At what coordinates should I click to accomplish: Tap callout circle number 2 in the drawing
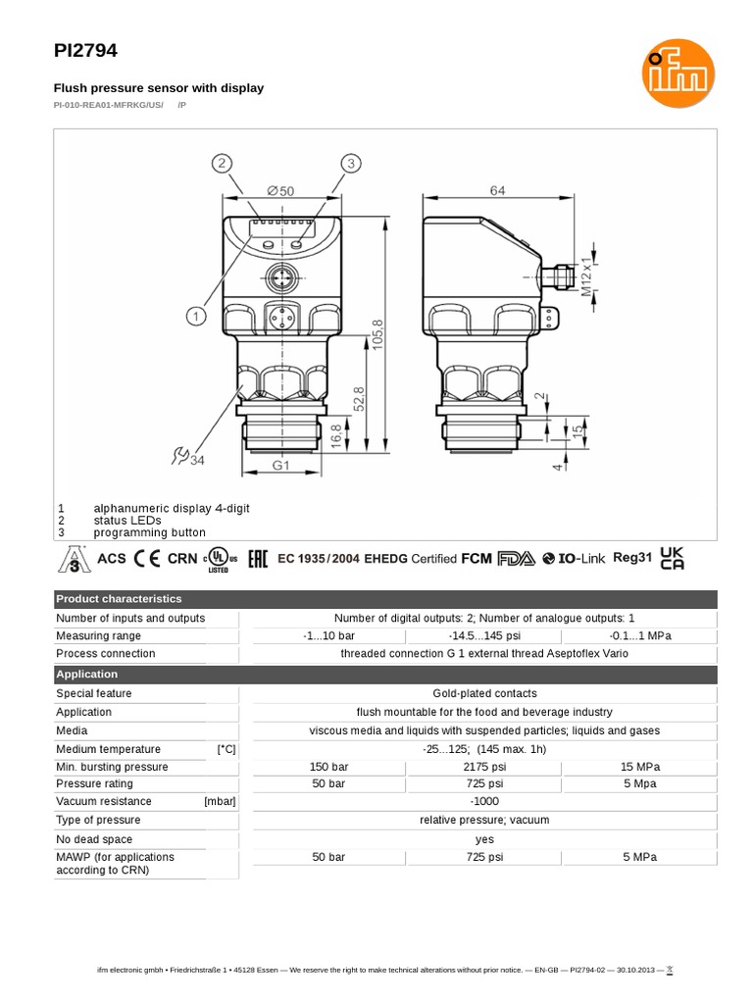click(224, 163)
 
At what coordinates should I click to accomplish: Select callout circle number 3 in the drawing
click(352, 163)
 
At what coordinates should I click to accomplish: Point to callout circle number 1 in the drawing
click(196, 316)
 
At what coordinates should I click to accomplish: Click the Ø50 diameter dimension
click(278, 192)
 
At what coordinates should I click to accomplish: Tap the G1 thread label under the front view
click(280, 466)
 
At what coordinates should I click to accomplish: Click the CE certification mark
click(147, 559)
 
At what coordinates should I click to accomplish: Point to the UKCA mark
click(673, 558)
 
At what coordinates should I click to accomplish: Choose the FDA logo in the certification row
click(516, 559)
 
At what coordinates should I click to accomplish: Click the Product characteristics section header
click(119, 599)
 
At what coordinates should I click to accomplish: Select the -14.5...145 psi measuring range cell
click(484, 635)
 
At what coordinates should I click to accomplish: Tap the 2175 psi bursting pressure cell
click(484, 767)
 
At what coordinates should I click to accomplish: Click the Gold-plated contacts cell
click(484, 693)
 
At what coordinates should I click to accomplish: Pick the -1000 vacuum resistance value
click(484, 801)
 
